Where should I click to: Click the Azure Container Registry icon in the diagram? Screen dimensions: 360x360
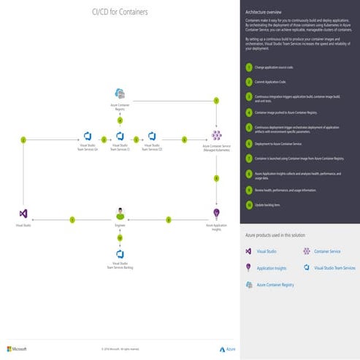pos(120,93)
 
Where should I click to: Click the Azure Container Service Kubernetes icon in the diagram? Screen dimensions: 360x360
pos(216,136)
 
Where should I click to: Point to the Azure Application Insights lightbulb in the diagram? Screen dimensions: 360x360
pos(216,213)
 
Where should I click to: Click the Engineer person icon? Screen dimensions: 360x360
pos(120,213)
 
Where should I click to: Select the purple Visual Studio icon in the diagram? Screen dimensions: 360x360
pos(23,214)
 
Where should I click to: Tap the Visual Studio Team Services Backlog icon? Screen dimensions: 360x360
pos(120,254)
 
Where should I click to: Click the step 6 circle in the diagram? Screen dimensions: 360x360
pos(185,139)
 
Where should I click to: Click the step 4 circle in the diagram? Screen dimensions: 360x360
pos(120,120)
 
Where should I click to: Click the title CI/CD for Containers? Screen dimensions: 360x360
pos(120,11)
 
